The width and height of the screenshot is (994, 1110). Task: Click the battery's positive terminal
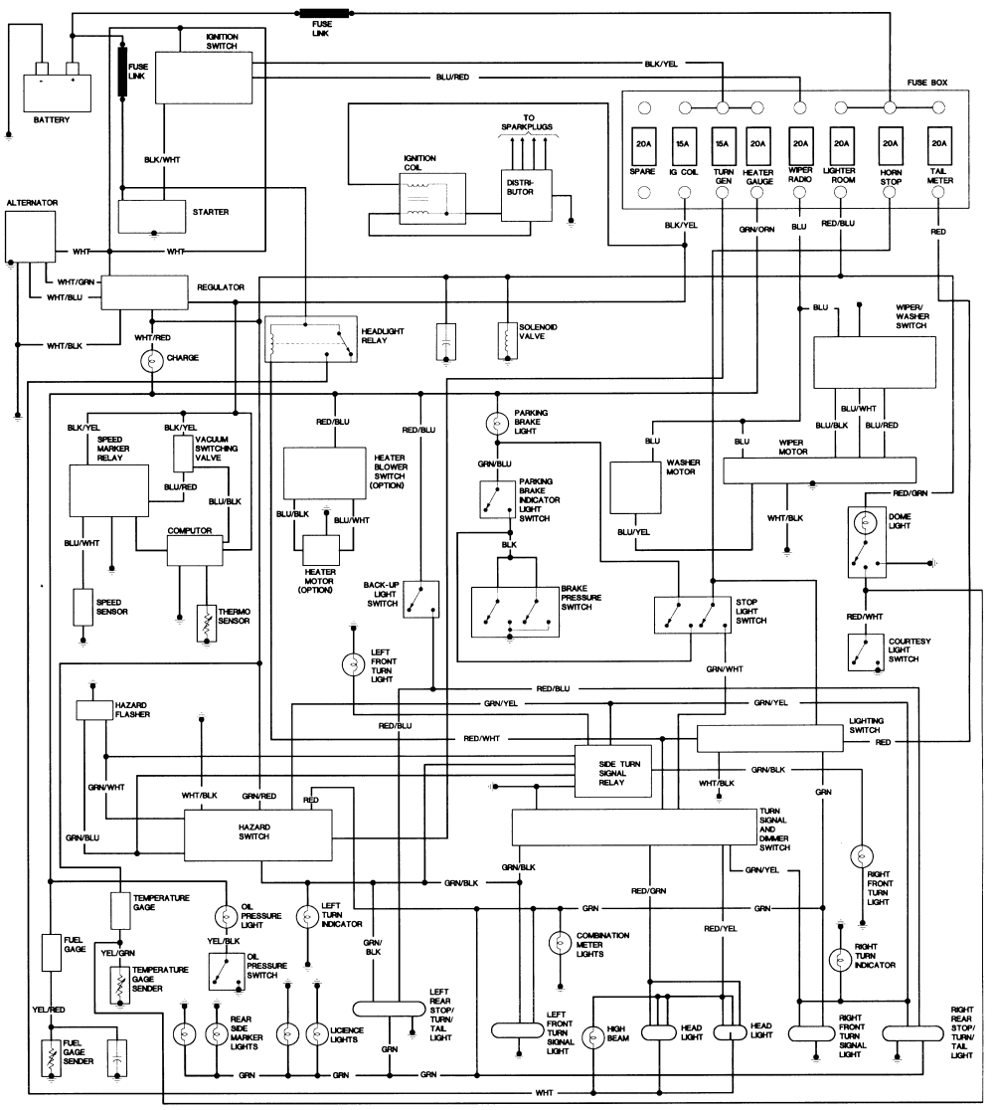coord(72,69)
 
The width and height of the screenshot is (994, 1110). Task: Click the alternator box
coord(30,237)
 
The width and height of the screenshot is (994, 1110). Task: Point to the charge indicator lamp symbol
coord(152,360)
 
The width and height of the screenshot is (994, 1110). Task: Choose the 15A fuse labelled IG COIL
coord(682,145)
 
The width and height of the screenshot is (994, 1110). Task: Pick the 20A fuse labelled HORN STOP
coord(890,145)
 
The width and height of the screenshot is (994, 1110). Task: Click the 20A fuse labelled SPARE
coord(642,145)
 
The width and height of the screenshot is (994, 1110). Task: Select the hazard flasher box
coord(96,710)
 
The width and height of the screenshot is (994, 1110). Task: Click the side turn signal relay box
coord(614,770)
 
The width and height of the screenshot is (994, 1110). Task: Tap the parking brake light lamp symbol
coord(496,424)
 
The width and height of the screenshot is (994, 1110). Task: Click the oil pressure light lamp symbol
coord(223,916)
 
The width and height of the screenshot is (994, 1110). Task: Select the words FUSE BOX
coord(927,82)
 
